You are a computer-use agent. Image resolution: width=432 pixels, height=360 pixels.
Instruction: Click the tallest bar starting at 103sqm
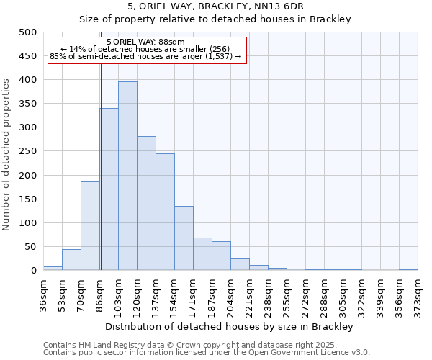click(127, 176)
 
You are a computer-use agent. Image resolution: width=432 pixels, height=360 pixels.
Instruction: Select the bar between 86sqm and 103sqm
click(109, 189)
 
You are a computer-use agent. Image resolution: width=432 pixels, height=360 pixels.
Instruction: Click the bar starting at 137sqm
click(165, 212)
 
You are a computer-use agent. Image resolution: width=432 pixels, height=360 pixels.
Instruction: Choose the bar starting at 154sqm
click(184, 238)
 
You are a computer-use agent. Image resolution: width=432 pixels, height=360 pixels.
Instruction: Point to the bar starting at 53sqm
click(71, 260)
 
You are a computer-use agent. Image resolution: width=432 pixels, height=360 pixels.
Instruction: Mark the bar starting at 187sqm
click(221, 256)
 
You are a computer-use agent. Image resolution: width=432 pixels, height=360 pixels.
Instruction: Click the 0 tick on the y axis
click(34, 271)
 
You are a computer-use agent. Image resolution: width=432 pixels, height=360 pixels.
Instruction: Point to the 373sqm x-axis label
click(418, 294)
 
